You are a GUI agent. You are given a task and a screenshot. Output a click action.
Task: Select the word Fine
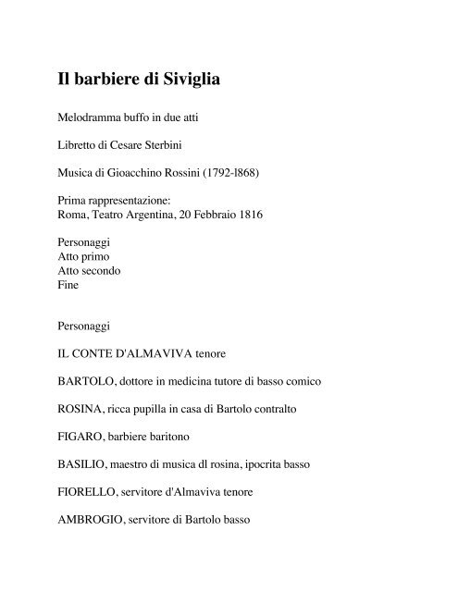[69, 286]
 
